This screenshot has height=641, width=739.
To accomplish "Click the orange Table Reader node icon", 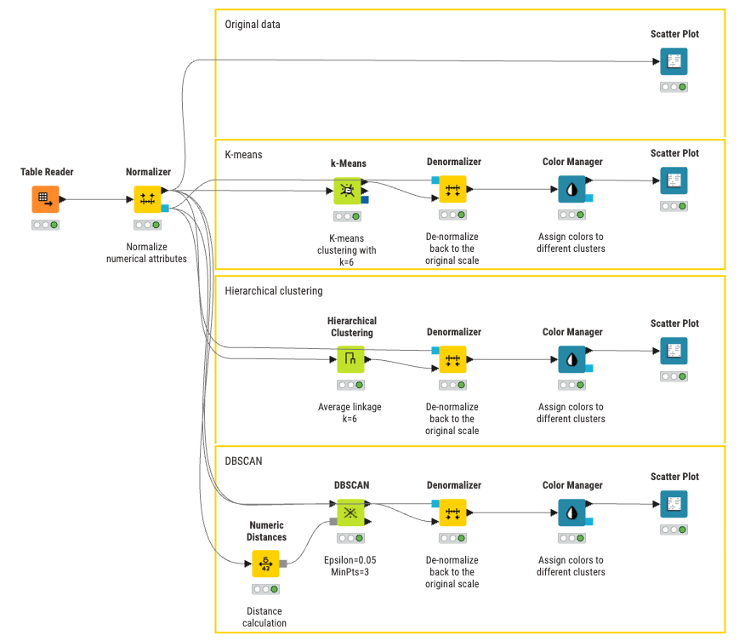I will point(45,199).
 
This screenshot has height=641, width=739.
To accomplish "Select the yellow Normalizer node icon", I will point(147,199).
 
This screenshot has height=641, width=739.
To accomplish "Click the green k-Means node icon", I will point(347,191).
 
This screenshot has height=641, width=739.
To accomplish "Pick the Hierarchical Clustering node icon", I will point(350,359).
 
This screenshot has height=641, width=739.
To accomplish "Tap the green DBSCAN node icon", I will point(350,512).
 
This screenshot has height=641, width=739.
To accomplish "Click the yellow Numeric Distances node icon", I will point(265,564).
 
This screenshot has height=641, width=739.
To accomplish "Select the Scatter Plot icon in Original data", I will point(674,61).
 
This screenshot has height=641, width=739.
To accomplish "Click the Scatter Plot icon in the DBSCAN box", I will point(674,504).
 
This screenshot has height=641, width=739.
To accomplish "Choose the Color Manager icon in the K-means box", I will point(571,190).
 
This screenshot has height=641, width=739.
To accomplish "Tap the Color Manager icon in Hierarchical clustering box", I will point(571,359).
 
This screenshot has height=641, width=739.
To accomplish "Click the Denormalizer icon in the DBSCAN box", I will point(452,512).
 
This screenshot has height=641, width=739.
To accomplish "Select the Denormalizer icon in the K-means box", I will point(452,190).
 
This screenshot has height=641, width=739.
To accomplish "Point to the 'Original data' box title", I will point(253,25).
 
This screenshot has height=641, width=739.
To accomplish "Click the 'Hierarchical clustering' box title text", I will point(274,291).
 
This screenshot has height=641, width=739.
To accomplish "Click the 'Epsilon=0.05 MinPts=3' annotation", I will point(350,566).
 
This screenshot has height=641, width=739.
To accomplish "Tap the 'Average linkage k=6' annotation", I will point(350,413).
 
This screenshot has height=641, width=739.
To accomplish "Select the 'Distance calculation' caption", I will point(264,617).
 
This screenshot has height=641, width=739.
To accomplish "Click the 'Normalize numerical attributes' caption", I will point(146,253).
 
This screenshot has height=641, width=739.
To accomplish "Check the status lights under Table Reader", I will point(45,225).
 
